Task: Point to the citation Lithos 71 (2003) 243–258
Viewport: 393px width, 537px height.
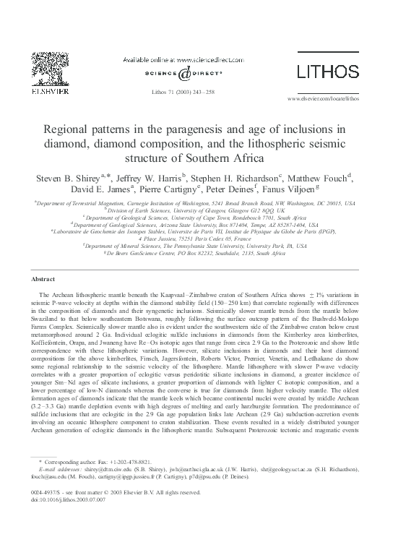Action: (196, 93)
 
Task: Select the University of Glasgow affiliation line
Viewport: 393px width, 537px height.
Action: (196, 210)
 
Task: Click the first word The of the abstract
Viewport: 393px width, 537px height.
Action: (46, 296)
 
